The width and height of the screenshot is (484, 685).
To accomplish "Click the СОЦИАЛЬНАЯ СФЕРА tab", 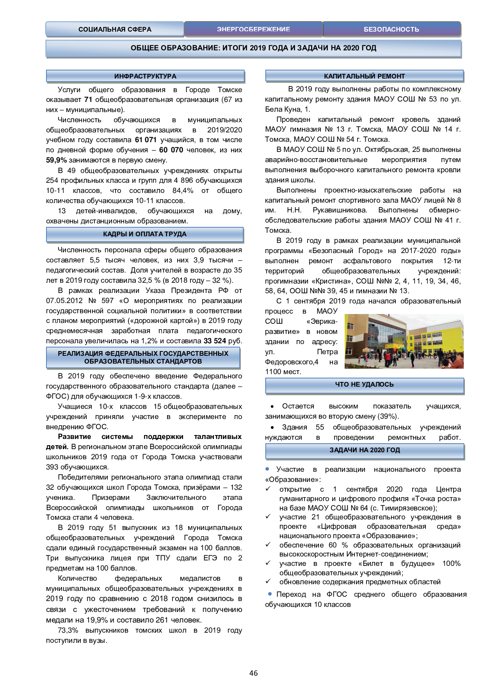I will point(115,29).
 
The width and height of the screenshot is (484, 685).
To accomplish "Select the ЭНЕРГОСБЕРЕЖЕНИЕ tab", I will point(253,29).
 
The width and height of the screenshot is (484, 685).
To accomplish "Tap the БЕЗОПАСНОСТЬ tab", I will point(391,29).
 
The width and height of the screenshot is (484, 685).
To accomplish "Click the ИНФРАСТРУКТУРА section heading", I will point(145,76).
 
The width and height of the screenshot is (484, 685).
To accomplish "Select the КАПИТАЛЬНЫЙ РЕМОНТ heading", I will point(364,76).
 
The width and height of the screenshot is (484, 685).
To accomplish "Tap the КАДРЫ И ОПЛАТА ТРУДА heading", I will point(145,234).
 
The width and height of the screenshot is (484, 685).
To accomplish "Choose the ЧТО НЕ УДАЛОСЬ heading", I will point(364,385).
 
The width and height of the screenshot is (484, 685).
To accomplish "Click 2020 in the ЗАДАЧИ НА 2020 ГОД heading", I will point(377,450).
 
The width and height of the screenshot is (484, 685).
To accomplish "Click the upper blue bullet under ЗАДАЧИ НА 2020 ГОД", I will point(267,469).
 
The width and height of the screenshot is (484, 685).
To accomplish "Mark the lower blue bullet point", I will point(270,594).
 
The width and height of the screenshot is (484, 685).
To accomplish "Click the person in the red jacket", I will point(387,357).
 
